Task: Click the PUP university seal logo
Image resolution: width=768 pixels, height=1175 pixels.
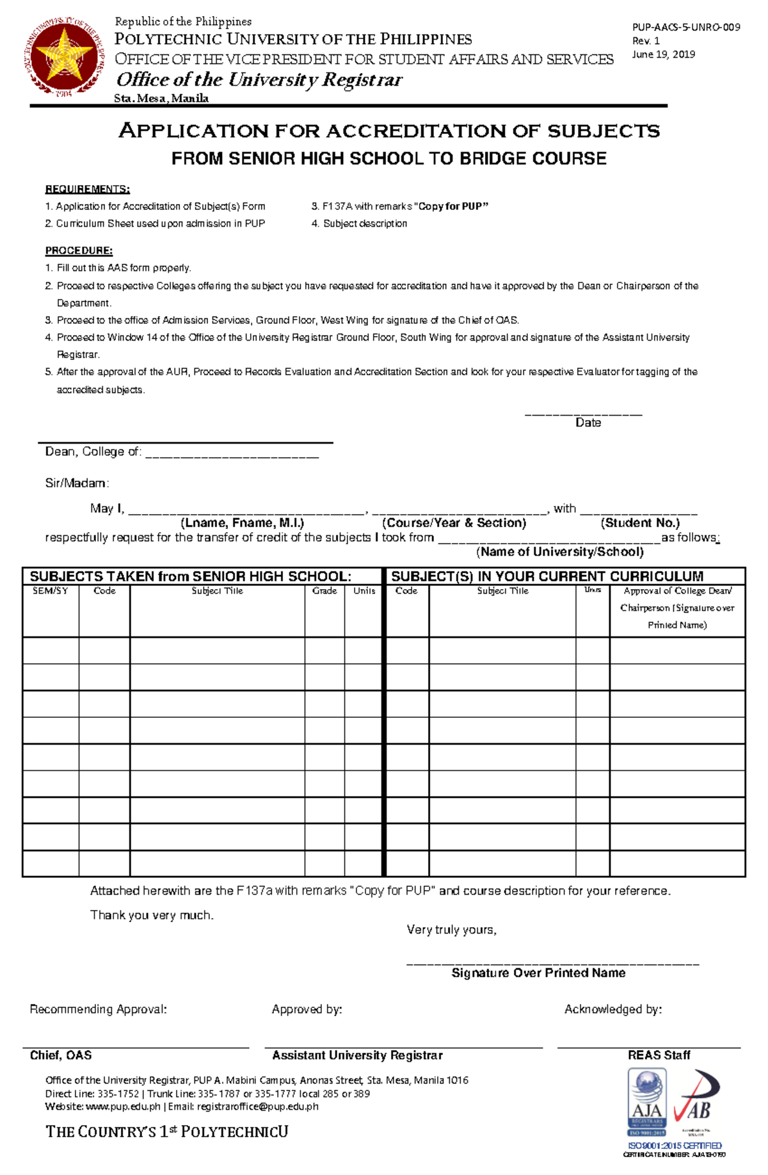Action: point(64,59)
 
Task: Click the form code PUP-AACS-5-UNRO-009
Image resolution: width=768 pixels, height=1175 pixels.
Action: point(686,27)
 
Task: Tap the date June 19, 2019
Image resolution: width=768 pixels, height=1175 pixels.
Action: point(663,54)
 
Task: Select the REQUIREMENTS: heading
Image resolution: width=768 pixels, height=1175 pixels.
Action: point(87,189)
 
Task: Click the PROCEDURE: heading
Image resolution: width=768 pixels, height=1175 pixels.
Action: point(79,250)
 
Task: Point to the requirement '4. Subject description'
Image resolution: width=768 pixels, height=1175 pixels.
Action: point(359,223)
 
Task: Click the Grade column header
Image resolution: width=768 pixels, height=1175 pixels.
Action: point(324,590)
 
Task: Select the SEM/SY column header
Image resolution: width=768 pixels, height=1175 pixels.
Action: point(51,590)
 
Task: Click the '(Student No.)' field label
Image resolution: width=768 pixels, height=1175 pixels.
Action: point(640,523)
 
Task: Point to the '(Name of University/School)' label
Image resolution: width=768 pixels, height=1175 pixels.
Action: point(560,551)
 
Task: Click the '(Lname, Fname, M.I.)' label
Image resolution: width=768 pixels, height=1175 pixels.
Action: point(242,523)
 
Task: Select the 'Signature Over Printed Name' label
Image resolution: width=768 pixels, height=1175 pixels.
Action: point(538,973)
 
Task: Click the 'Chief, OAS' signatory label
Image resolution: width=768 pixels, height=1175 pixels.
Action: point(61,1055)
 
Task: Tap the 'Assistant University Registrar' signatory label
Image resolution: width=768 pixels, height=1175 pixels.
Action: point(357,1055)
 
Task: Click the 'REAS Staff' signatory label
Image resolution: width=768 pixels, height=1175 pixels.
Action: point(659,1055)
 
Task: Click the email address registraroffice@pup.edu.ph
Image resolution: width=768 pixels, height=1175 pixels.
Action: point(257,1106)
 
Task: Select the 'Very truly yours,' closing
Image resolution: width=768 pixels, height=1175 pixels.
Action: point(451,930)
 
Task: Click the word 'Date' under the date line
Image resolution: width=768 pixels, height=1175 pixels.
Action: point(588,423)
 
